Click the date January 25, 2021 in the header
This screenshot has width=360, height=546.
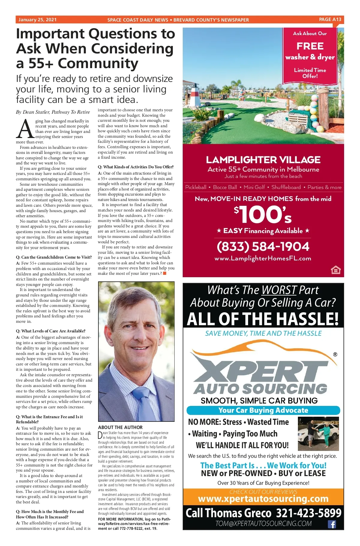click(37, 20)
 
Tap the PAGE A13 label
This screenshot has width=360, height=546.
click(330, 19)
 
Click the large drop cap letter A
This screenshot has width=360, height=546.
click(25, 129)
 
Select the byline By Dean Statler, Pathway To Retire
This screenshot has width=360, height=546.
click(53, 112)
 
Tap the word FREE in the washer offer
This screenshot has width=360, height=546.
click(310, 46)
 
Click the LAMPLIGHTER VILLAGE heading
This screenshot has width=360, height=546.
click(263, 160)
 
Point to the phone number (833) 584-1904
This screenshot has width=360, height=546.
click(263, 247)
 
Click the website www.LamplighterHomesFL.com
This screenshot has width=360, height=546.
click(263, 259)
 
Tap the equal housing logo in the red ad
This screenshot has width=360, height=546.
click(336, 270)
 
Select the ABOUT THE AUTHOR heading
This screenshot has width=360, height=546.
click(120, 427)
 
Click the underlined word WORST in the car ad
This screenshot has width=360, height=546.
click(279, 290)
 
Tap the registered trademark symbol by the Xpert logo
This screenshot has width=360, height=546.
click(335, 355)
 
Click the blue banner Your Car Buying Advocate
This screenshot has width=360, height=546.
click(263, 410)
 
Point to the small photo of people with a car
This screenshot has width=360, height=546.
click(318, 433)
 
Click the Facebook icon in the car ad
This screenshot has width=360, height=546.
click(331, 524)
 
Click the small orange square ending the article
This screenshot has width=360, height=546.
click(164, 273)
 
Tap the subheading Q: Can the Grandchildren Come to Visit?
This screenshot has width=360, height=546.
click(54, 257)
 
